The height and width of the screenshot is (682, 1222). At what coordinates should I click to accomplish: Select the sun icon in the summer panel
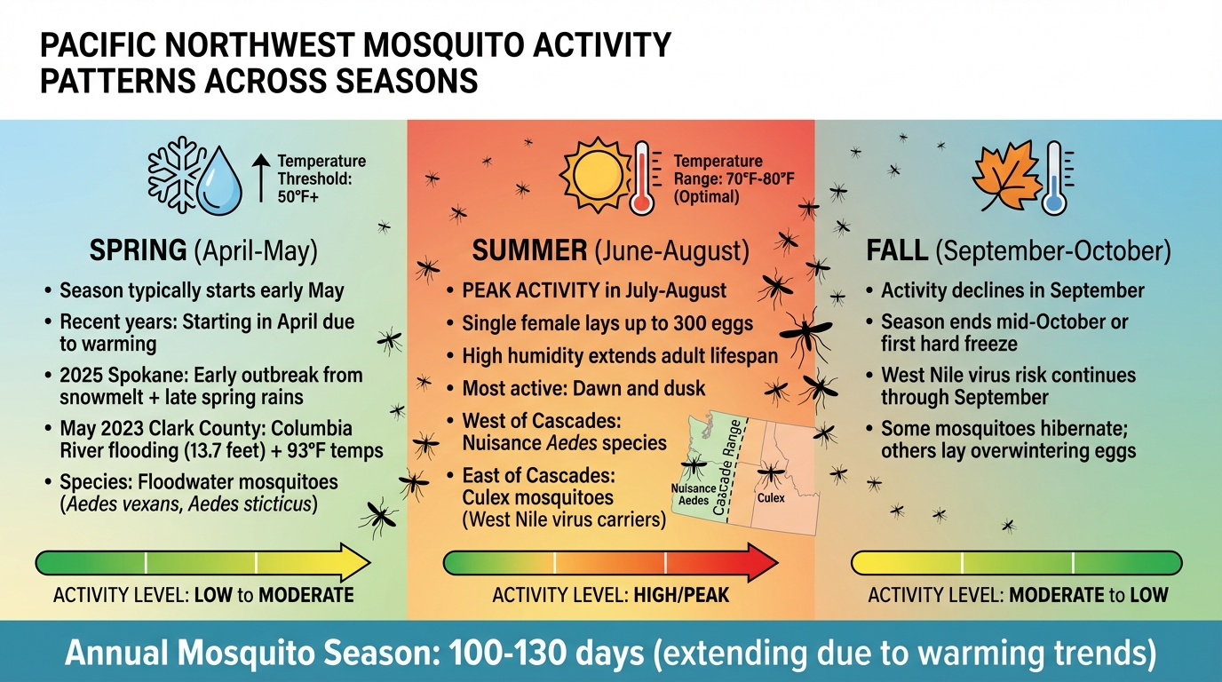click(594, 173)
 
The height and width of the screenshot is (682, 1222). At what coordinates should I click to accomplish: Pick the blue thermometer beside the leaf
click(1055, 178)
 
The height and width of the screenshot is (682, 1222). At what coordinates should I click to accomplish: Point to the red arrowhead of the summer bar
click(761, 563)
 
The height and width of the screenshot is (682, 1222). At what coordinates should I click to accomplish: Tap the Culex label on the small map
click(771, 499)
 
